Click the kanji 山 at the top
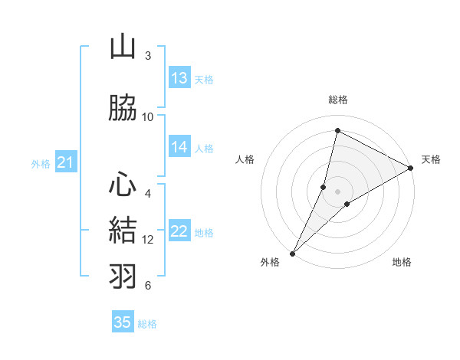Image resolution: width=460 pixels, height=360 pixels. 123,47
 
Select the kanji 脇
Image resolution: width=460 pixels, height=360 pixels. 123,109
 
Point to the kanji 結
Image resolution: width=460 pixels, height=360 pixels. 123,231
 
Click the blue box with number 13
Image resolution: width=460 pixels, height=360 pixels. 179,78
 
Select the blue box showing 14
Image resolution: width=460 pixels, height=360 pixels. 179,147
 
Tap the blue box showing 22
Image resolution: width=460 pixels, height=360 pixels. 179,232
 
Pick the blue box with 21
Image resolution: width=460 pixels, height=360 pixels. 65,162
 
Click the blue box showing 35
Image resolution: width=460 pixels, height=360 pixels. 123,322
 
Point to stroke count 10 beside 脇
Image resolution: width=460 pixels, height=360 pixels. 148,116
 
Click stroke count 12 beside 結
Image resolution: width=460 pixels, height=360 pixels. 148,240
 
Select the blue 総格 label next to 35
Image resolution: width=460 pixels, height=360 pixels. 147,324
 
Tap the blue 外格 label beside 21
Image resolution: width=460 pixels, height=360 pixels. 41,163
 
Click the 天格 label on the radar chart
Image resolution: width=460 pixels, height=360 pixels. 431,159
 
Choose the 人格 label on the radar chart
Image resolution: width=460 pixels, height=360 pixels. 245,159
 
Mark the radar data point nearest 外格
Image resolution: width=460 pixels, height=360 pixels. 292,253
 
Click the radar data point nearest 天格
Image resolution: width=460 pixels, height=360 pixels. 411,168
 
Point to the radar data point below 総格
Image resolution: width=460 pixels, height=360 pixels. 337,131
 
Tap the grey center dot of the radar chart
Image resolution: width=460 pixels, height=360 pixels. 337,191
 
